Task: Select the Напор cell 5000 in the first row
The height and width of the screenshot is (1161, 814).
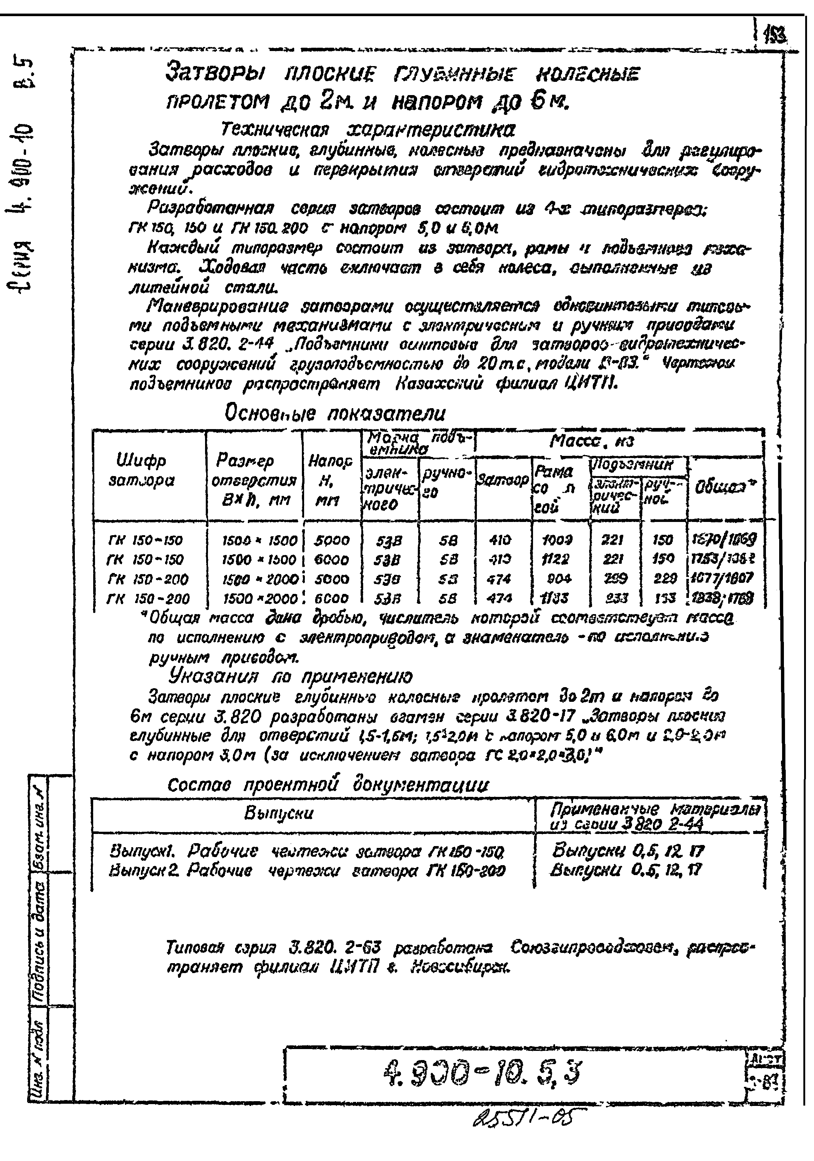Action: point(332,541)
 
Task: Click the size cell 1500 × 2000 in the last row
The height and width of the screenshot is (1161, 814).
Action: point(260,599)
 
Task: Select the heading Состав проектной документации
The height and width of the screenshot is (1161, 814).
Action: point(328,785)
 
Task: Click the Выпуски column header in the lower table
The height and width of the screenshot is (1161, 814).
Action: point(279,814)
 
